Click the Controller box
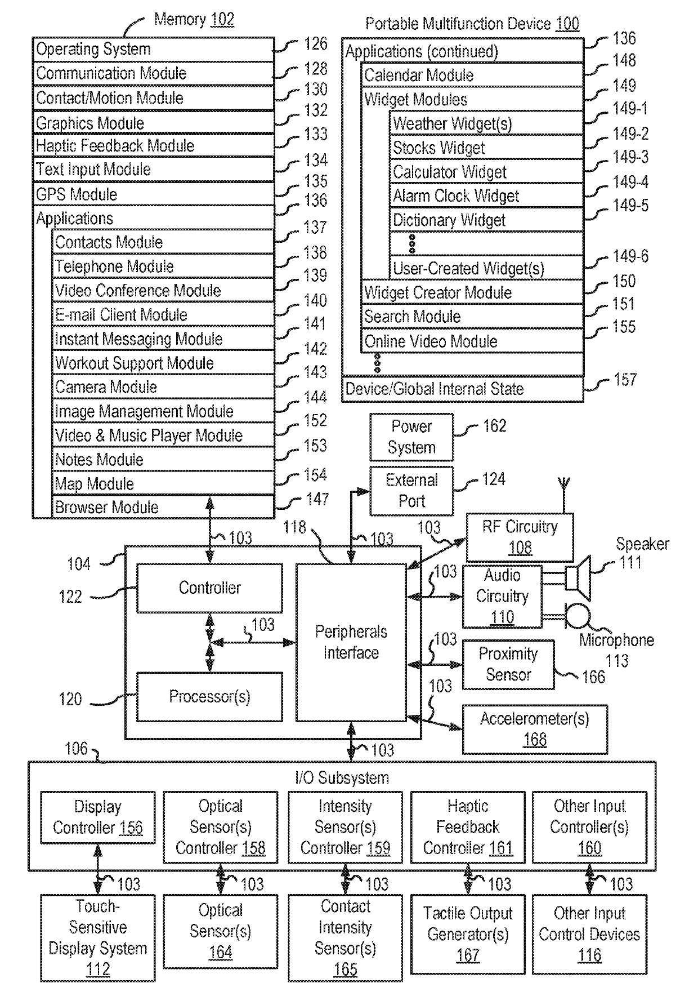click(209, 588)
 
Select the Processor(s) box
click(209, 697)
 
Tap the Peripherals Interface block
click(351, 642)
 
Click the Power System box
click(411, 437)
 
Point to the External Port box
click(411, 491)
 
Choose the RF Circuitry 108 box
click(520, 537)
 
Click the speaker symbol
click(578, 579)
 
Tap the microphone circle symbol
click(578, 616)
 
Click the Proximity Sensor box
click(508, 664)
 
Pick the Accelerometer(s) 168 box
click(535, 729)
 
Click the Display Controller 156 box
click(97, 817)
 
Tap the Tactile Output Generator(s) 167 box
click(468, 934)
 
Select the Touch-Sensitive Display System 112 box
click(97, 938)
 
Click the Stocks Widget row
click(486, 148)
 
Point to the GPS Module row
click(153, 194)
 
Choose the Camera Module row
click(163, 387)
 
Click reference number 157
click(625, 380)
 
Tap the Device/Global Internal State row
click(462, 389)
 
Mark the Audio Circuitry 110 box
click(502, 597)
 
